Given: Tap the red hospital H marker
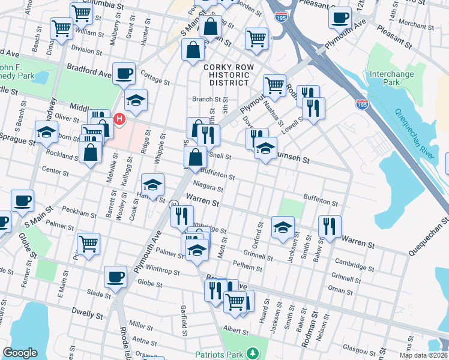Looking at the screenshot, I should pos(119,119).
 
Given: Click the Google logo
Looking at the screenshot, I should pos(20,353).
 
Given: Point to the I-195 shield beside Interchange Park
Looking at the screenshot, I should pos(361,104).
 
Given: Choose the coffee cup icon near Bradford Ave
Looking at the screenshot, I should pos(124,74).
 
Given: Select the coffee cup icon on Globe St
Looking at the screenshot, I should pos(115,277).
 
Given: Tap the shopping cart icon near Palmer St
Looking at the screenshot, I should pos(88,244).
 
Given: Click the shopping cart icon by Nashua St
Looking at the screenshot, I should pos(274,85).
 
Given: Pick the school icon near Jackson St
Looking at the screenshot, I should pos(283,227).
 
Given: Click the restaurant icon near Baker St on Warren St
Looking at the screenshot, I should pos(330,226).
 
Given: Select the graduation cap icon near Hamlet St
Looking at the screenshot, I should pos(152,184).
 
